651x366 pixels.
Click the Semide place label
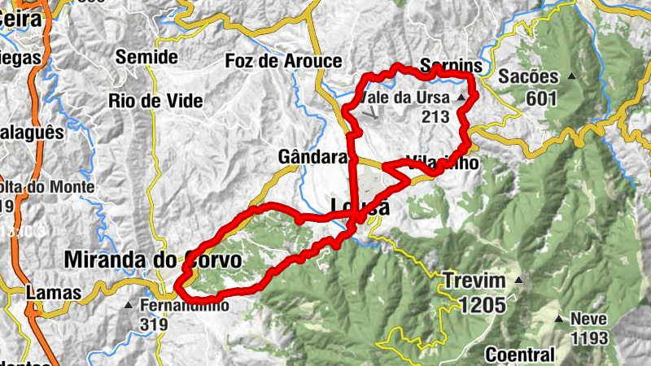click(146, 57)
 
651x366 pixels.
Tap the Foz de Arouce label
click(284, 61)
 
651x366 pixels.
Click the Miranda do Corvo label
click(152, 260)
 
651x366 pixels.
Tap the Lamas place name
click(54, 293)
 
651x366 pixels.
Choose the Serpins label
click(452, 67)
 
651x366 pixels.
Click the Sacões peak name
click(529, 78)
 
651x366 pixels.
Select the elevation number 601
click(540, 99)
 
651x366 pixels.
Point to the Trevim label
click(474, 281)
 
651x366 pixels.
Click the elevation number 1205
click(481, 305)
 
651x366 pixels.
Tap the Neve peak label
click(588, 319)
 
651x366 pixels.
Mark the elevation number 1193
click(588, 336)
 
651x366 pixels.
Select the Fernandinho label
click(184, 307)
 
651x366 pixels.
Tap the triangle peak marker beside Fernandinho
click(128, 307)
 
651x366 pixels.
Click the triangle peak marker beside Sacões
click(572, 77)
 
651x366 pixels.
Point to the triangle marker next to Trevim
click(518, 281)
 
